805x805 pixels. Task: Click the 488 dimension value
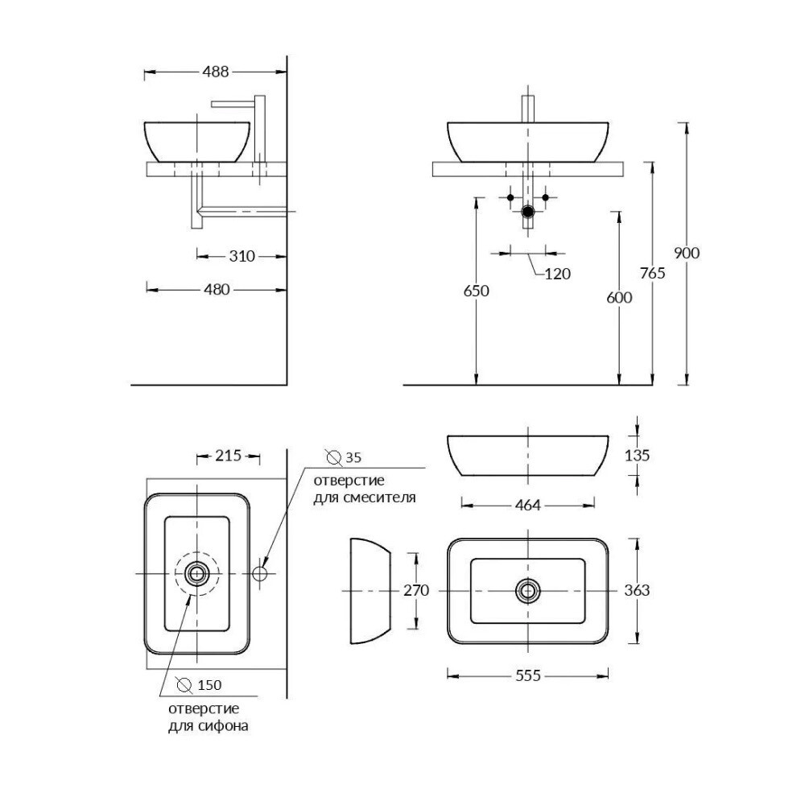pyautogui.click(x=215, y=72)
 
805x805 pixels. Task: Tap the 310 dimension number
pyautogui.click(x=242, y=256)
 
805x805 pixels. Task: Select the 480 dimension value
pyautogui.click(x=217, y=290)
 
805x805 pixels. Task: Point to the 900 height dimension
pyautogui.click(x=687, y=253)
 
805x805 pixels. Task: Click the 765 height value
pyautogui.click(x=653, y=273)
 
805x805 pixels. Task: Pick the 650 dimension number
pyautogui.click(x=476, y=291)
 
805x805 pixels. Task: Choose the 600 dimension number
pyautogui.click(x=619, y=297)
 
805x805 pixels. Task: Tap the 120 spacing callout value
pyautogui.click(x=558, y=274)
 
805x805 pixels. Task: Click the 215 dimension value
pyautogui.click(x=229, y=456)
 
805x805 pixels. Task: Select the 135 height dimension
pyautogui.click(x=637, y=455)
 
